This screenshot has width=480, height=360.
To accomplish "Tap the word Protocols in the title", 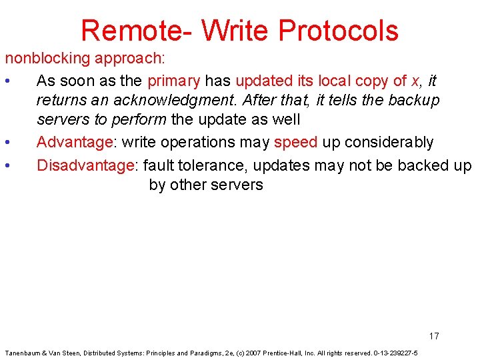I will (x=338, y=31).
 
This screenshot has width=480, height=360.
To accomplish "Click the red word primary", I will (x=173, y=81).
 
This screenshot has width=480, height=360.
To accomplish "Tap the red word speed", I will (x=295, y=143).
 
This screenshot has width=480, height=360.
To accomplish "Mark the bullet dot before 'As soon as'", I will (x=6, y=81).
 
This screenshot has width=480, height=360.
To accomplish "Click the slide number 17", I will (x=434, y=336).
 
